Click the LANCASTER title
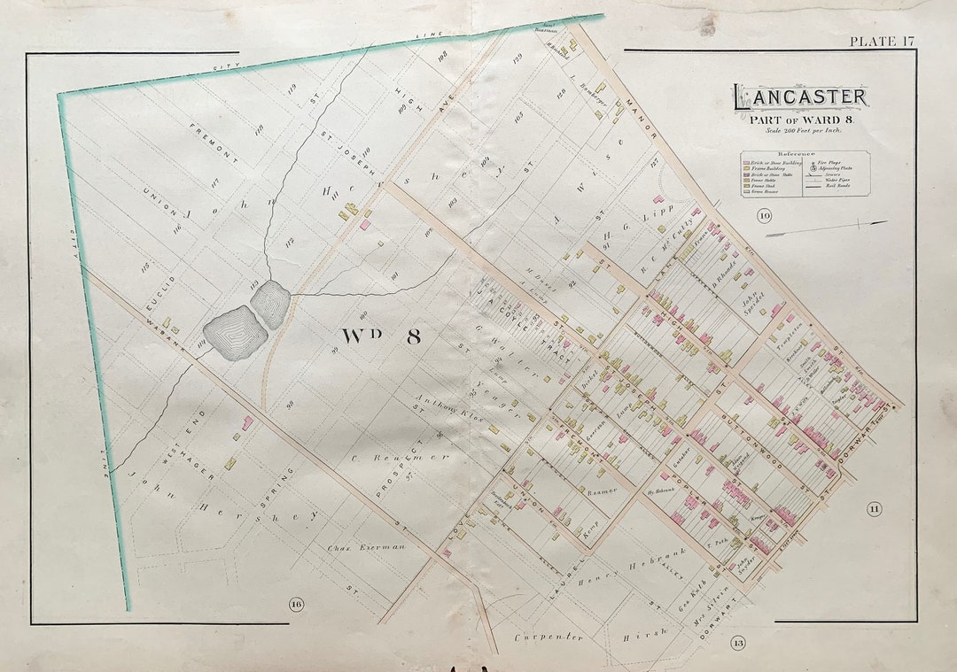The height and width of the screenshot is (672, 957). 799,97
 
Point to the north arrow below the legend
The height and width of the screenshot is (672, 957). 825,228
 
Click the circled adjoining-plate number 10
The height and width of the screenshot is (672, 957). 764,216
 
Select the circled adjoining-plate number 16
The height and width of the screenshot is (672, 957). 295,605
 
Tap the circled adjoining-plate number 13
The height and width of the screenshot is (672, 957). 737,643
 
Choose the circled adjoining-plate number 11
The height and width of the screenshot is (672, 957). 875,508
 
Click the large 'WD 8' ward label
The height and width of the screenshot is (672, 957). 377,336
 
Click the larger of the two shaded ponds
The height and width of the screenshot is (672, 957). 234,332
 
